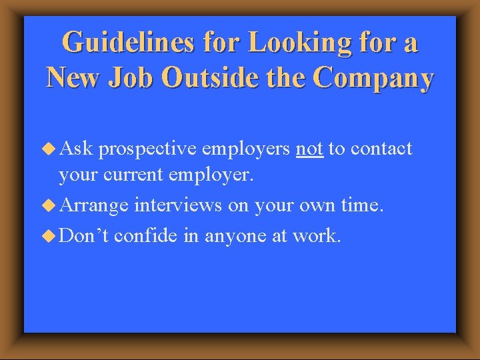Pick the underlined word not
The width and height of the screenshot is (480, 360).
coord(309,148)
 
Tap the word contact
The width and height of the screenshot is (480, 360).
coord(381,148)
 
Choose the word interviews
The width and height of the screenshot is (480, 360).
coord(177,205)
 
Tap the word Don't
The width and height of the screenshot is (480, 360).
coord(84,234)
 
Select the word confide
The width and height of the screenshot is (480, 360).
coord(147,234)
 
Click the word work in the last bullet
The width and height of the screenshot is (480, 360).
coord(316,234)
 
